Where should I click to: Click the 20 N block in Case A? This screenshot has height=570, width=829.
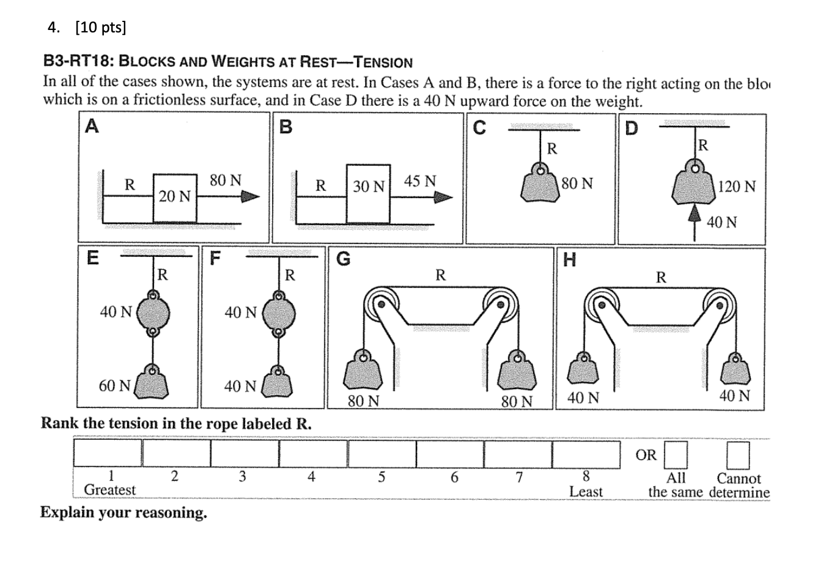175,198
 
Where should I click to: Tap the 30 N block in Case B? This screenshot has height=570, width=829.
368,194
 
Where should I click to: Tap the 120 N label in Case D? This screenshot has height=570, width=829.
737,186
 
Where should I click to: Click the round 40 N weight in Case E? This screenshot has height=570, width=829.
153,313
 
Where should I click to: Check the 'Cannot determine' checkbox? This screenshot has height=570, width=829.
738,454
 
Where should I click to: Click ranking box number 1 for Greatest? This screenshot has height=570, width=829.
108,453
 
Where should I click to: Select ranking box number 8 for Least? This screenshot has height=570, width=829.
586,453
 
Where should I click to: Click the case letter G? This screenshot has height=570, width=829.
344,259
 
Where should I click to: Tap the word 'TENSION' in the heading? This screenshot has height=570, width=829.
384,62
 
